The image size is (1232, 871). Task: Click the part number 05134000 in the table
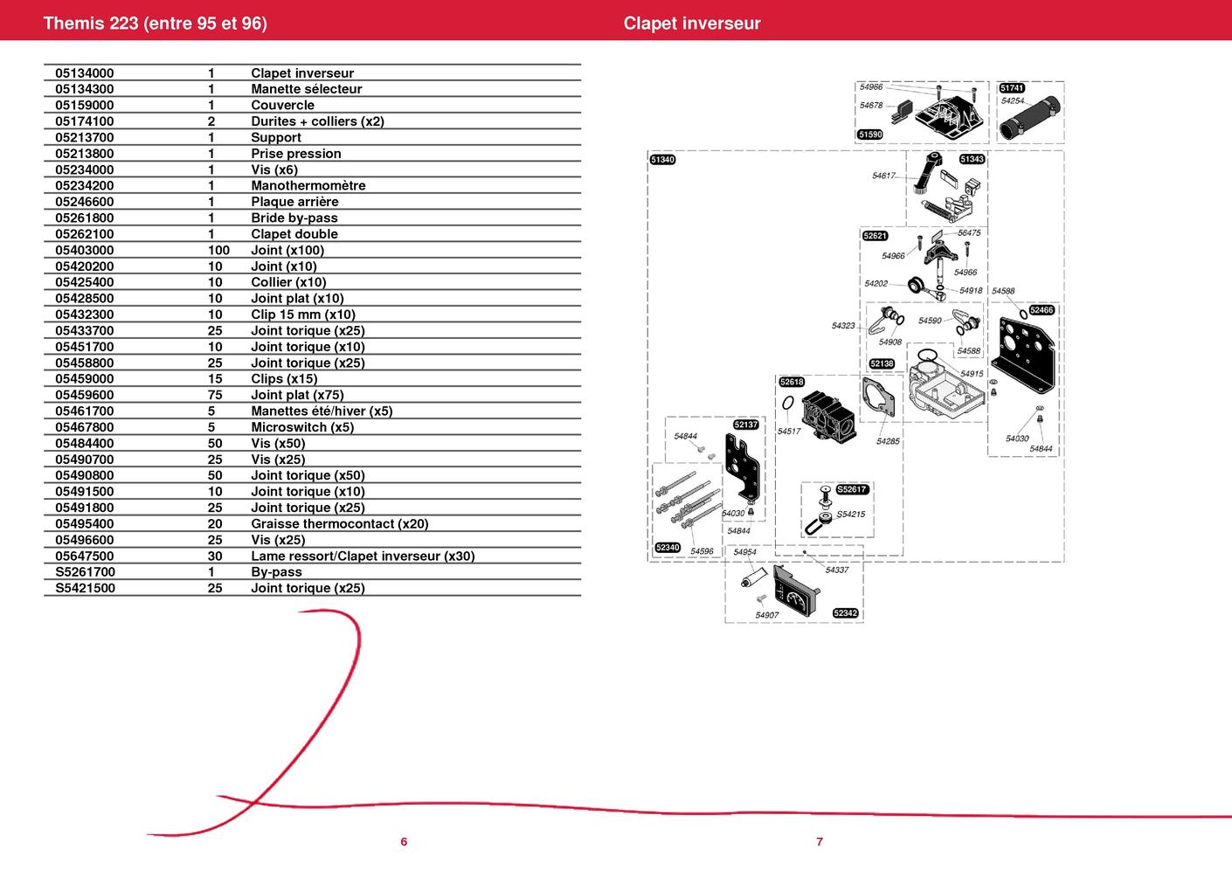[84, 73]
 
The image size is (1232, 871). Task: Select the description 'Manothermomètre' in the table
[308, 185]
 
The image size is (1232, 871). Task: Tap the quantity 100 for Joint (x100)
[218, 250]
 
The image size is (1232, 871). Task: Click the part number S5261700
[86, 572]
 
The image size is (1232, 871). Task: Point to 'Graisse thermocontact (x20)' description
[339, 523]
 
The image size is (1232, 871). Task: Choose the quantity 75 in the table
[215, 395]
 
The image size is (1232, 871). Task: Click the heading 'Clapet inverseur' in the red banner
[692, 23]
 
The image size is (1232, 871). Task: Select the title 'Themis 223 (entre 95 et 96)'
[156, 23]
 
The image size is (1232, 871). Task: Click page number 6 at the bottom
[404, 842]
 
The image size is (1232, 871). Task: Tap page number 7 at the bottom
[820, 842]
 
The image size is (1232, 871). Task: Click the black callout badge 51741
[1012, 88]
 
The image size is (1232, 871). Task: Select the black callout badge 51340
[663, 160]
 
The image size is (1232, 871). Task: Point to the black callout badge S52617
[852, 489]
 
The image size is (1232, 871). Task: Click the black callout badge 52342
[845, 613]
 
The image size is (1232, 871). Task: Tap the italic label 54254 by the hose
[1013, 100]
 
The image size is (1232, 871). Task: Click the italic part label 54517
[789, 431]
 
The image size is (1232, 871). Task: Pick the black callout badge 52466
[1042, 310]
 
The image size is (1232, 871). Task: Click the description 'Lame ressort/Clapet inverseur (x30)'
[363, 556]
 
